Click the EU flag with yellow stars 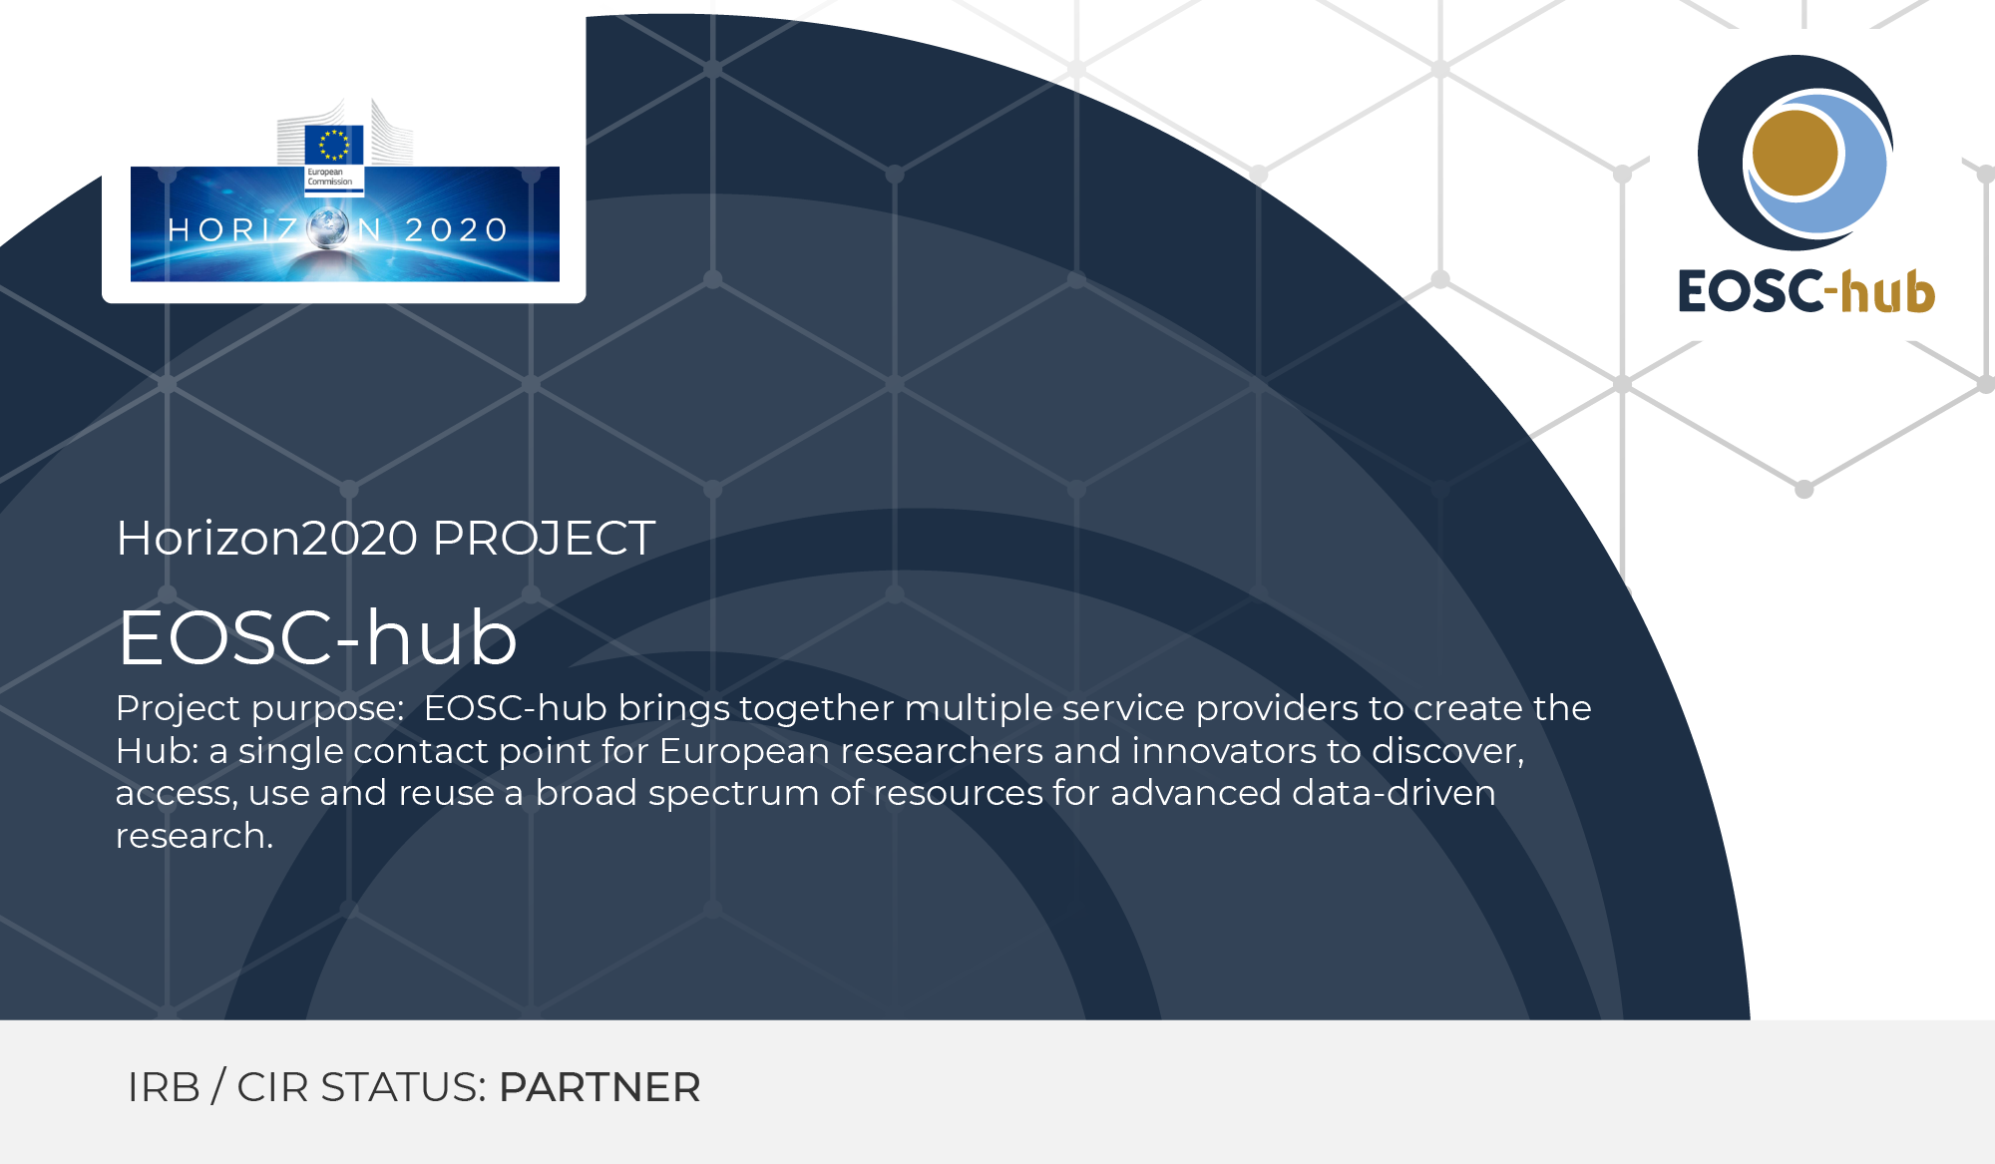pos(333,145)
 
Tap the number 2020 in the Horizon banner pos(457,230)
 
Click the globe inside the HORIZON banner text pos(327,228)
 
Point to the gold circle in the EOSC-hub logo pos(1795,153)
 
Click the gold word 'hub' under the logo pos(1888,292)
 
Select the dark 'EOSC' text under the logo pos(1752,292)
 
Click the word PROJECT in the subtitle pos(544,539)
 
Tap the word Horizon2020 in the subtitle pos(267,539)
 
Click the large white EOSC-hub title pos(317,637)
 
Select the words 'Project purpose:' pos(259,709)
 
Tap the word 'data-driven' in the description pos(1394,793)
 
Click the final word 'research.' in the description pos(195,836)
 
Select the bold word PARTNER pos(599,1087)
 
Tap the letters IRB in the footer pos(164,1087)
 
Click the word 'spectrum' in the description pos(733,794)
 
